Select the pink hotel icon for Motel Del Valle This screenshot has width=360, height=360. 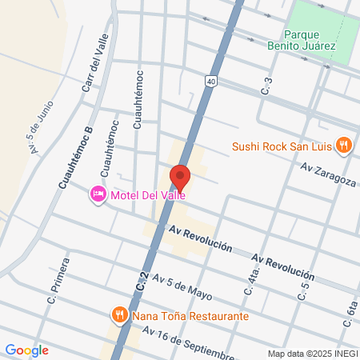(x=98, y=194)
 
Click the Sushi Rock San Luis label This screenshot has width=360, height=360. (x=282, y=146)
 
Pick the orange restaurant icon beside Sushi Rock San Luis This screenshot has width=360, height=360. (x=343, y=145)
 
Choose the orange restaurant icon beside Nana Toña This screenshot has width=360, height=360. (x=119, y=314)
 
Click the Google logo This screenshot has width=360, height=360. (x=26, y=350)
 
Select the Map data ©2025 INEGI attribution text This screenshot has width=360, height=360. (x=311, y=354)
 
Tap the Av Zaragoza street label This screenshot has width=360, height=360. (x=328, y=174)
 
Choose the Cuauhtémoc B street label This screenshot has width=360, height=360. (x=76, y=157)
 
